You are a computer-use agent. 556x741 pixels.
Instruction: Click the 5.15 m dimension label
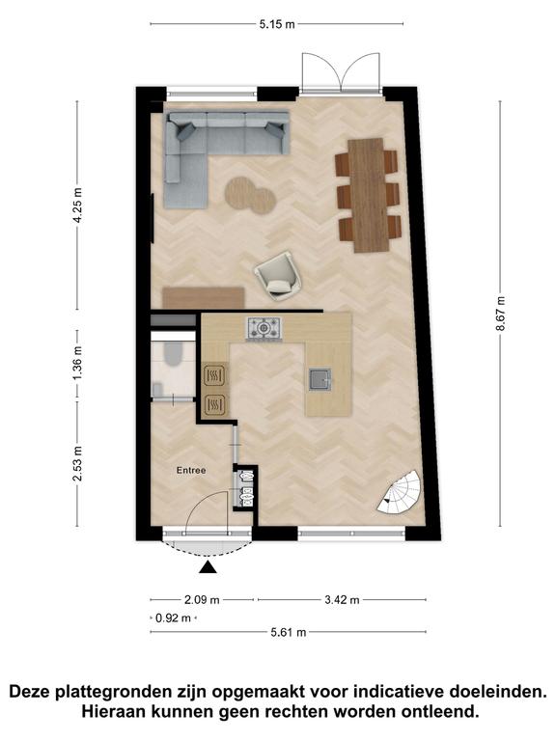point(277,24)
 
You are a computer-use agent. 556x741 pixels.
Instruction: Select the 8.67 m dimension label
point(501,314)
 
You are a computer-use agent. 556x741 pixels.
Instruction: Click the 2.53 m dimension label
point(78,463)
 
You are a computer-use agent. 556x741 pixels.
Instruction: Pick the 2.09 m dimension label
point(202,600)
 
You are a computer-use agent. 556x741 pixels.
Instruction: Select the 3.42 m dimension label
point(342,600)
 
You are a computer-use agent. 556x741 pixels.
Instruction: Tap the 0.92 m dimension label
point(174,617)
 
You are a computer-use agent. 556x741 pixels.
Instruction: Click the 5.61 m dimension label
point(289,632)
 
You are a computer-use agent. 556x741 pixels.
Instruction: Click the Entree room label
point(191,471)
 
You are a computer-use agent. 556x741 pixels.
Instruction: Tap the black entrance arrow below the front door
point(208,567)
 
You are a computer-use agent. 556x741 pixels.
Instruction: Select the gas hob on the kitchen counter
point(264,328)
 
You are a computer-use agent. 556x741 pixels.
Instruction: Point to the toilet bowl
point(172,354)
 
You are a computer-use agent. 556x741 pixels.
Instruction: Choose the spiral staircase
point(401,493)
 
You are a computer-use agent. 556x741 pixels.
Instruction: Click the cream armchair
point(279,276)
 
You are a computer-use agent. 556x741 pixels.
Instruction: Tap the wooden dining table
point(368,195)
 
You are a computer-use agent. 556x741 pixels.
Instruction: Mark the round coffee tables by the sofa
point(250,195)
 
